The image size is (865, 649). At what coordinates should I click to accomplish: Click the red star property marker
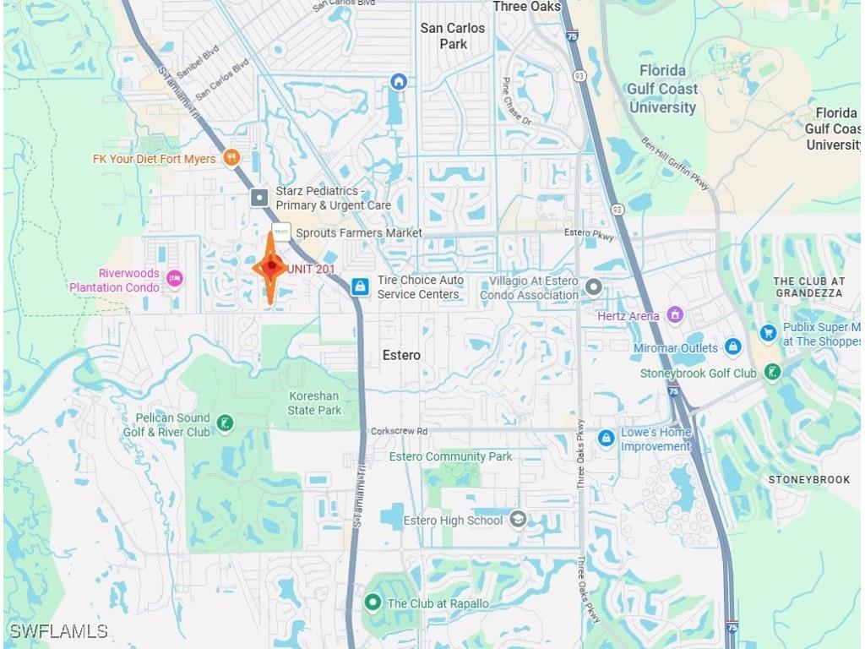(x=270, y=267)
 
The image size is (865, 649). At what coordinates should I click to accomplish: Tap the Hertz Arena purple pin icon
(x=674, y=315)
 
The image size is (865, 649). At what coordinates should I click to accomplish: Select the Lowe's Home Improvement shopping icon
(x=606, y=438)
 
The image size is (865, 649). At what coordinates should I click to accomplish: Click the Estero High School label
(x=453, y=521)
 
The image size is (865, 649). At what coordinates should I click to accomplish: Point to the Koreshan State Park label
(x=314, y=403)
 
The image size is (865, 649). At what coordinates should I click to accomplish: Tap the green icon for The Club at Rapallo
(x=372, y=603)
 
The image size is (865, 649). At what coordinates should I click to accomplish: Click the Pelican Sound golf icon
(x=225, y=423)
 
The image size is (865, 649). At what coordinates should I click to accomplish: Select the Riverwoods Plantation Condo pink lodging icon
(x=174, y=278)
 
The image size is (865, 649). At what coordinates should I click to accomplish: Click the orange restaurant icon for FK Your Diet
(x=231, y=157)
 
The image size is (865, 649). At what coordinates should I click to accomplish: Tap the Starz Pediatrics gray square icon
(x=259, y=199)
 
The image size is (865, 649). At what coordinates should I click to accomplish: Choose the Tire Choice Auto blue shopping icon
(x=360, y=286)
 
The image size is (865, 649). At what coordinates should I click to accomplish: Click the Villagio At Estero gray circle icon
(x=594, y=287)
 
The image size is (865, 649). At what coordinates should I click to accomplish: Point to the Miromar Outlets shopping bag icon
(x=732, y=346)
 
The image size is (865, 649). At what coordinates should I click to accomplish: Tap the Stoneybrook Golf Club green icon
(x=771, y=372)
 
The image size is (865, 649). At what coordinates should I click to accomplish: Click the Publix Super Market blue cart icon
(x=767, y=334)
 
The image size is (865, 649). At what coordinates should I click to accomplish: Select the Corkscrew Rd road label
(x=399, y=431)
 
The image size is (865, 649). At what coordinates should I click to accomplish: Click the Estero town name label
(x=401, y=355)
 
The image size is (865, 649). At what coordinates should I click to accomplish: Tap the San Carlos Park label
(x=453, y=35)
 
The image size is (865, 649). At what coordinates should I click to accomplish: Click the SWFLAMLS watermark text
(x=58, y=631)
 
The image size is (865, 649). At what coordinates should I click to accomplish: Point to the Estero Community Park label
(x=450, y=456)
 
